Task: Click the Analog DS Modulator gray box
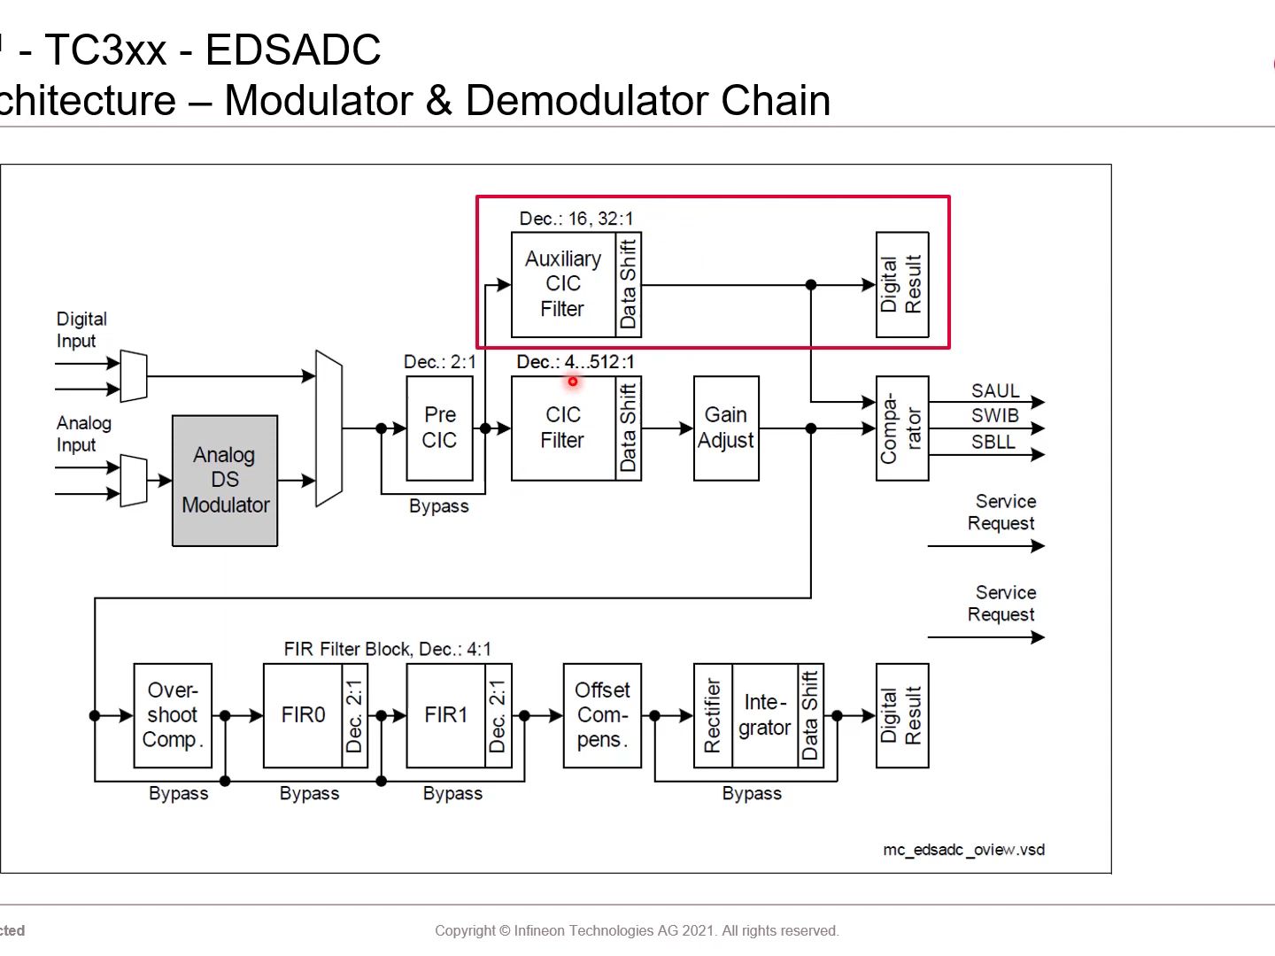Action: tap(225, 480)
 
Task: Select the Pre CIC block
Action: tap(439, 428)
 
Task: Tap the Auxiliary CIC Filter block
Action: tap(563, 284)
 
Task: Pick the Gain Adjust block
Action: tap(726, 428)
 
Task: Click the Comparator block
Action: tap(901, 428)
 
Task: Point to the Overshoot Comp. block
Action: tap(173, 715)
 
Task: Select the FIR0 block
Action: tap(303, 715)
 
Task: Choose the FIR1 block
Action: tap(446, 715)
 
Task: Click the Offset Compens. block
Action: tap(602, 715)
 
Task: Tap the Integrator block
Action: tap(765, 715)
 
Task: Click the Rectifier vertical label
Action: tap(713, 715)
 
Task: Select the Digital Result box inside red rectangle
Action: tap(901, 284)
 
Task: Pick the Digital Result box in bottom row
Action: tap(901, 715)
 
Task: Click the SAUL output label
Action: tap(995, 390)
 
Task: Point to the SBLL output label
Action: tap(993, 442)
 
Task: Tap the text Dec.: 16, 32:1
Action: tap(576, 219)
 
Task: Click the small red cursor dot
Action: tap(573, 382)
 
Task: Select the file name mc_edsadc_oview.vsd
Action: tap(963, 850)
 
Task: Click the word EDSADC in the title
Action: tap(293, 50)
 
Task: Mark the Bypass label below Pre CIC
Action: tap(438, 506)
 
